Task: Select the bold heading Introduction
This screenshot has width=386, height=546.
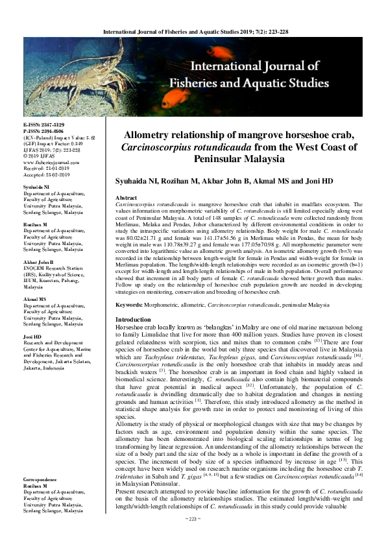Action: (132, 320)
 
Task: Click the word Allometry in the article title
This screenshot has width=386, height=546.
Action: (155, 135)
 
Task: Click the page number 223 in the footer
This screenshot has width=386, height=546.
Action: (193, 536)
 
